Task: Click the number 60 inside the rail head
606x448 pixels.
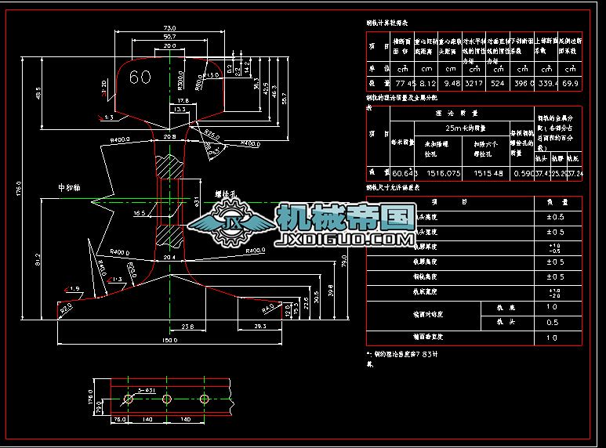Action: click(140, 77)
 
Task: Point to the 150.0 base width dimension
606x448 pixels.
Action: click(169, 341)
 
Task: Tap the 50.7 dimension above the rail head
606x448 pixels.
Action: click(169, 37)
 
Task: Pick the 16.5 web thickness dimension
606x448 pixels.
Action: click(140, 212)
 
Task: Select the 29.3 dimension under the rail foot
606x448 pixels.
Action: click(259, 324)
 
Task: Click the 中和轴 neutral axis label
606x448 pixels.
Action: click(70, 188)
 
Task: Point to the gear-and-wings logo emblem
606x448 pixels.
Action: click(233, 225)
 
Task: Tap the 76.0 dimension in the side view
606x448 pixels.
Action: click(98, 420)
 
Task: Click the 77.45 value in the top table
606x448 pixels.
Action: click(403, 83)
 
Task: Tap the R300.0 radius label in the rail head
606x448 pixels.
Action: click(180, 80)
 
